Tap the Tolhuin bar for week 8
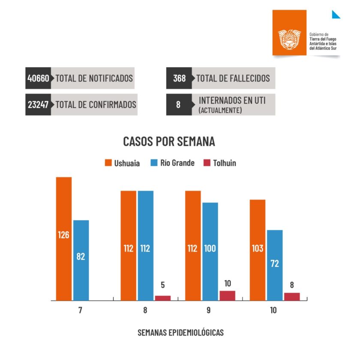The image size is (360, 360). pos(163,298)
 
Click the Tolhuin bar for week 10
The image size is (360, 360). pos(292,297)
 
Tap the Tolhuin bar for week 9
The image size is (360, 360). pos(228,296)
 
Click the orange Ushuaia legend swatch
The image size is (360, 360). pos(108,163)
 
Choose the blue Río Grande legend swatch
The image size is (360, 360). pos(155,163)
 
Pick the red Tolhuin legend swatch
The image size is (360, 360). pos(207,163)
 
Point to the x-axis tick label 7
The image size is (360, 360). pos(80,310)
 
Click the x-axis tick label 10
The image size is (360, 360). pos(273,310)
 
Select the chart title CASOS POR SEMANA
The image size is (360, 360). pos(169,141)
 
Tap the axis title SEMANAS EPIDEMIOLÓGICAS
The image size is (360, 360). pos(180,333)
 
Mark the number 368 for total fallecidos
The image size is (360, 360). pos(179,78)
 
